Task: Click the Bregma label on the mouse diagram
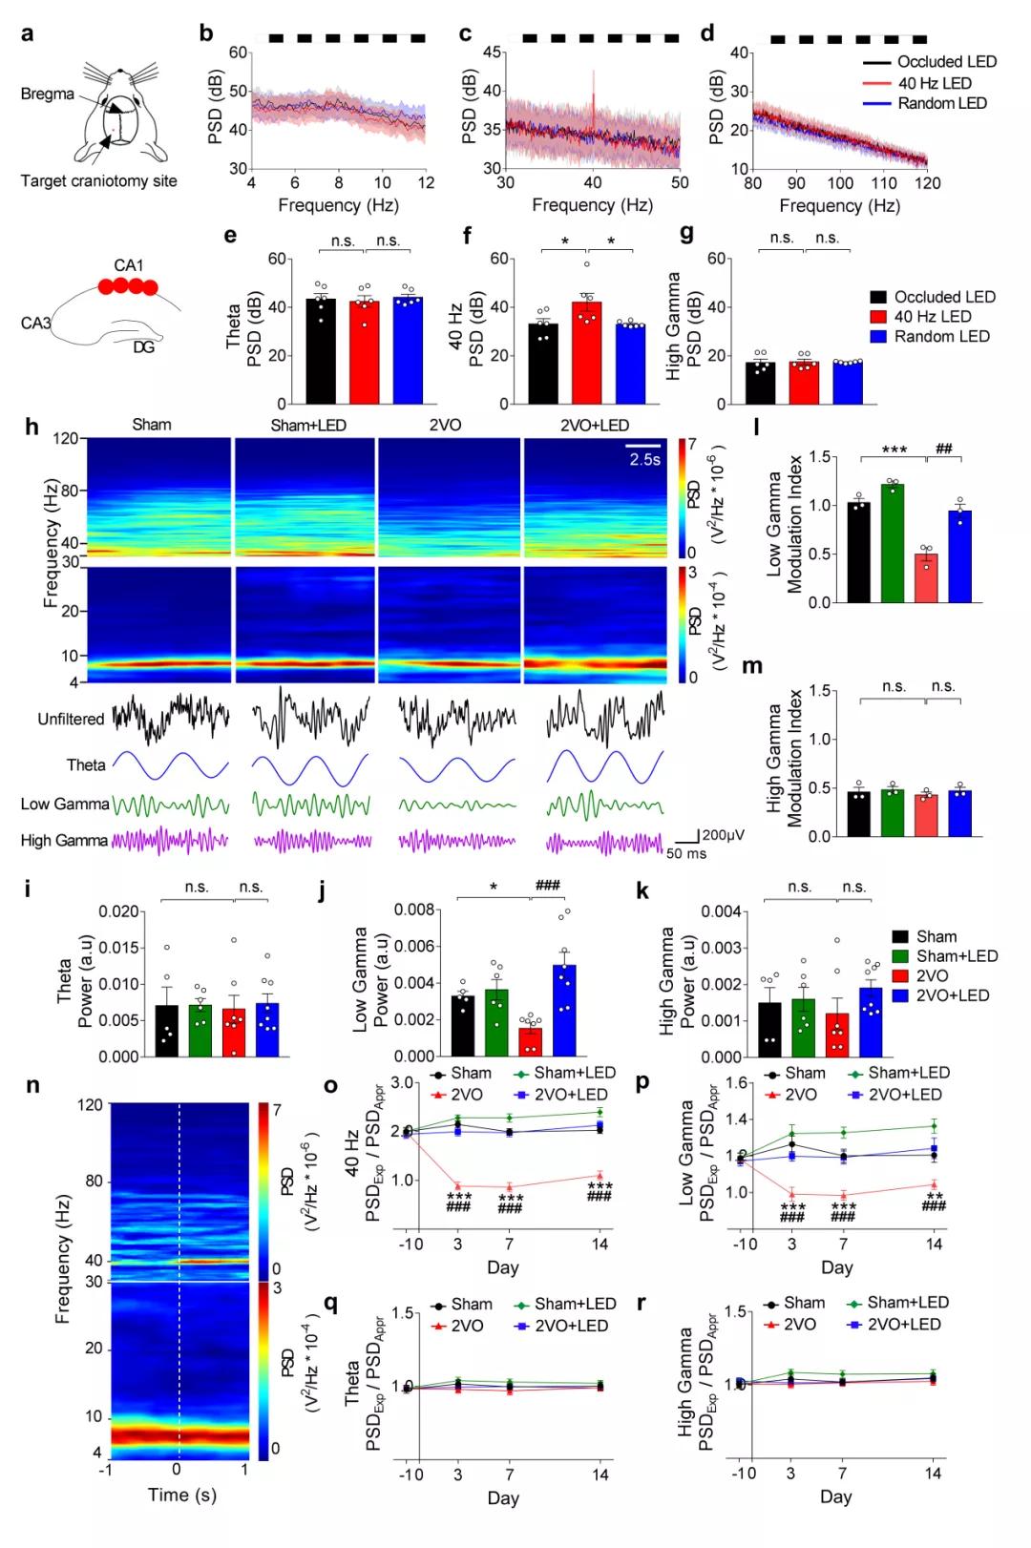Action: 47,94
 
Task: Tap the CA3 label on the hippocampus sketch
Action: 35,324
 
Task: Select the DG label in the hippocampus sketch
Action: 143,347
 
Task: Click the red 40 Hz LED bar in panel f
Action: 586,352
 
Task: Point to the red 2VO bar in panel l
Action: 925,577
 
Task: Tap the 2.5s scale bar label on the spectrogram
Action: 644,459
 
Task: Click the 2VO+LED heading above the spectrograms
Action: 596,425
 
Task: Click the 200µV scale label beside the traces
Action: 723,834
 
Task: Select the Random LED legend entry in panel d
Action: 941,103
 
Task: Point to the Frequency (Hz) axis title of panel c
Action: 592,205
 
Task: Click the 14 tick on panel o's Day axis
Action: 600,1244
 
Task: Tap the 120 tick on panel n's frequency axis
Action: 91,1105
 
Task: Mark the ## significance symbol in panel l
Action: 944,450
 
